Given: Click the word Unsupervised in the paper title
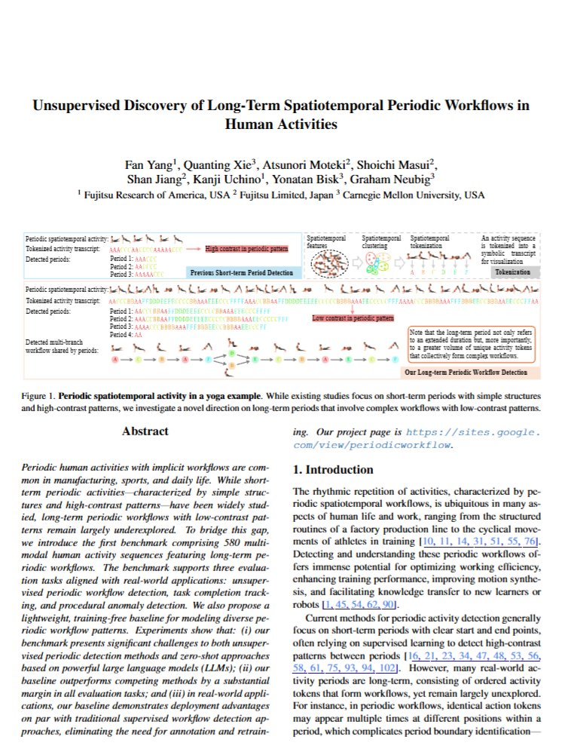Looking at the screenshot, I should (79, 106).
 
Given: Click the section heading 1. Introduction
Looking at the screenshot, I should (333, 470).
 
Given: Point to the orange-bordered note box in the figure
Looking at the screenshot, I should (472, 344).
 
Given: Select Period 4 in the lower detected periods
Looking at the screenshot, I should (122, 333).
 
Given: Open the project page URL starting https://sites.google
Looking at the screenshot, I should (475, 432).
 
